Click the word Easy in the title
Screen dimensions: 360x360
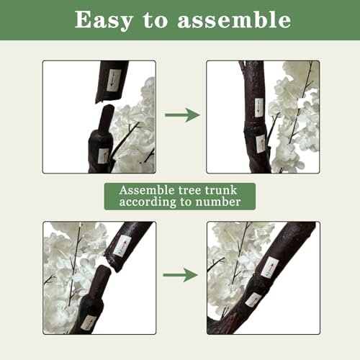104,21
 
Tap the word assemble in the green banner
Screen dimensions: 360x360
234,20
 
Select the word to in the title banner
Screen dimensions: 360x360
155,20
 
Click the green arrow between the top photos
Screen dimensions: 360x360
182,115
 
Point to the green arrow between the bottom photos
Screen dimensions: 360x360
181,275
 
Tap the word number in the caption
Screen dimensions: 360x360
218,202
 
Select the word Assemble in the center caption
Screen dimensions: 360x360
147,190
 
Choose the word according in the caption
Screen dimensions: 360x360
148,202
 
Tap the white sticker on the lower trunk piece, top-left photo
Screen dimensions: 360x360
104,156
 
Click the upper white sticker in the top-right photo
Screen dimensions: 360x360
258,107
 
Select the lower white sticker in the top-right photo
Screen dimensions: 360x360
261,143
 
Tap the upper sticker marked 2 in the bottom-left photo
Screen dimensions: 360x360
122,246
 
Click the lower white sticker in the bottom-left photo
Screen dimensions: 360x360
89,323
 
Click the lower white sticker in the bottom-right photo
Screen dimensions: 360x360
253,300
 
